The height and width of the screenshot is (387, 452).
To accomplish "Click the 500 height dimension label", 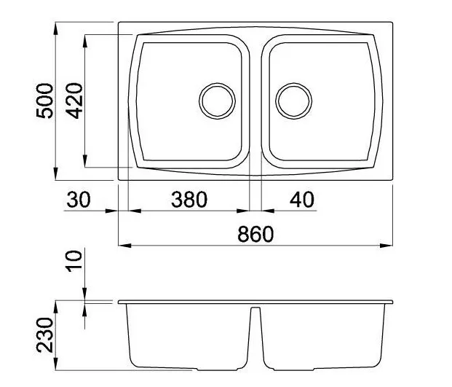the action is click(x=45, y=101).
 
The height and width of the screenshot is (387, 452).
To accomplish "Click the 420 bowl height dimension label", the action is click(x=74, y=101).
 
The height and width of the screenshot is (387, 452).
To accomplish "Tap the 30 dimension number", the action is click(x=79, y=200).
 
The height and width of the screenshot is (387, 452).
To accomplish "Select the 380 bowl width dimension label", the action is click(x=189, y=200).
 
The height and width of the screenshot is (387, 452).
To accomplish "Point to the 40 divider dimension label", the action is click(x=302, y=200).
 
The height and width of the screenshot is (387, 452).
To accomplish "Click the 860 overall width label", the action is click(x=255, y=234).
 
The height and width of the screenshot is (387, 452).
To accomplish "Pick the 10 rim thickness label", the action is click(x=74, y=261).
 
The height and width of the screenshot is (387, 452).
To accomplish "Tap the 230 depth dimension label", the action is click(x=45, y=335).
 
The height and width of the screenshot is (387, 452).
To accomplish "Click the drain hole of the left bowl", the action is click(x=217, y=101).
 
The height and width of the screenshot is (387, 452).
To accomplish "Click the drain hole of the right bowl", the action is click(x=294, y=101).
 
